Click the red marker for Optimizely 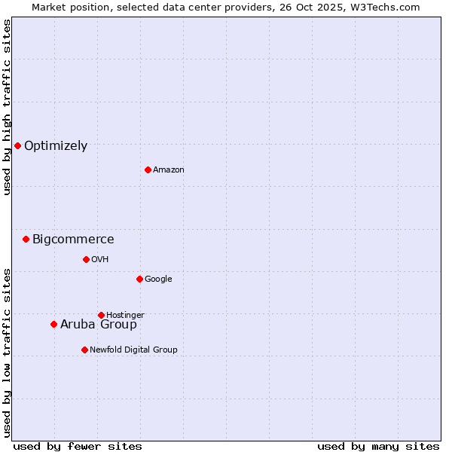pyautogui.click(x=17, y=145)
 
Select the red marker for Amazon pyautogui.click(x=148, y=169)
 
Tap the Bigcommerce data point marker pyautogui.click(x=26, y=239)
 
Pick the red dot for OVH pyautogui.click(x=86, y=259)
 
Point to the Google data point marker pyautogui.click(x=139, y=279)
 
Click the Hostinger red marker pyautogui.click(x=101, y=315)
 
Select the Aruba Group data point pyautogui.click(x=53, y=324)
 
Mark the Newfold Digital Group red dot pyautogui.click(x=84, y=350)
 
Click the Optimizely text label pyautogui.click(x=56, y=146)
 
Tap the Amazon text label pyautogui.click(x=169, y=170)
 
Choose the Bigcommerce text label pyautogui.click(x=73, y=240)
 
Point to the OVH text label pyautogui.click(x=100, y=260)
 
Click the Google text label pyautogui.click(x=158, y=279)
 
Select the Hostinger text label pyautogui.click(x=125, y=316)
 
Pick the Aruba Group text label pyautogui.click(x=99, y=325)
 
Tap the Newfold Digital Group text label pyautogui.click(x=133, y=350)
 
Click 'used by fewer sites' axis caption pyautogui.click(x=78, y=446)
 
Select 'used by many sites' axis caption pyautogui.click(x=378, y=446)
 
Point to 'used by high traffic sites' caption pyautogui.click(x=8, y=107)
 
